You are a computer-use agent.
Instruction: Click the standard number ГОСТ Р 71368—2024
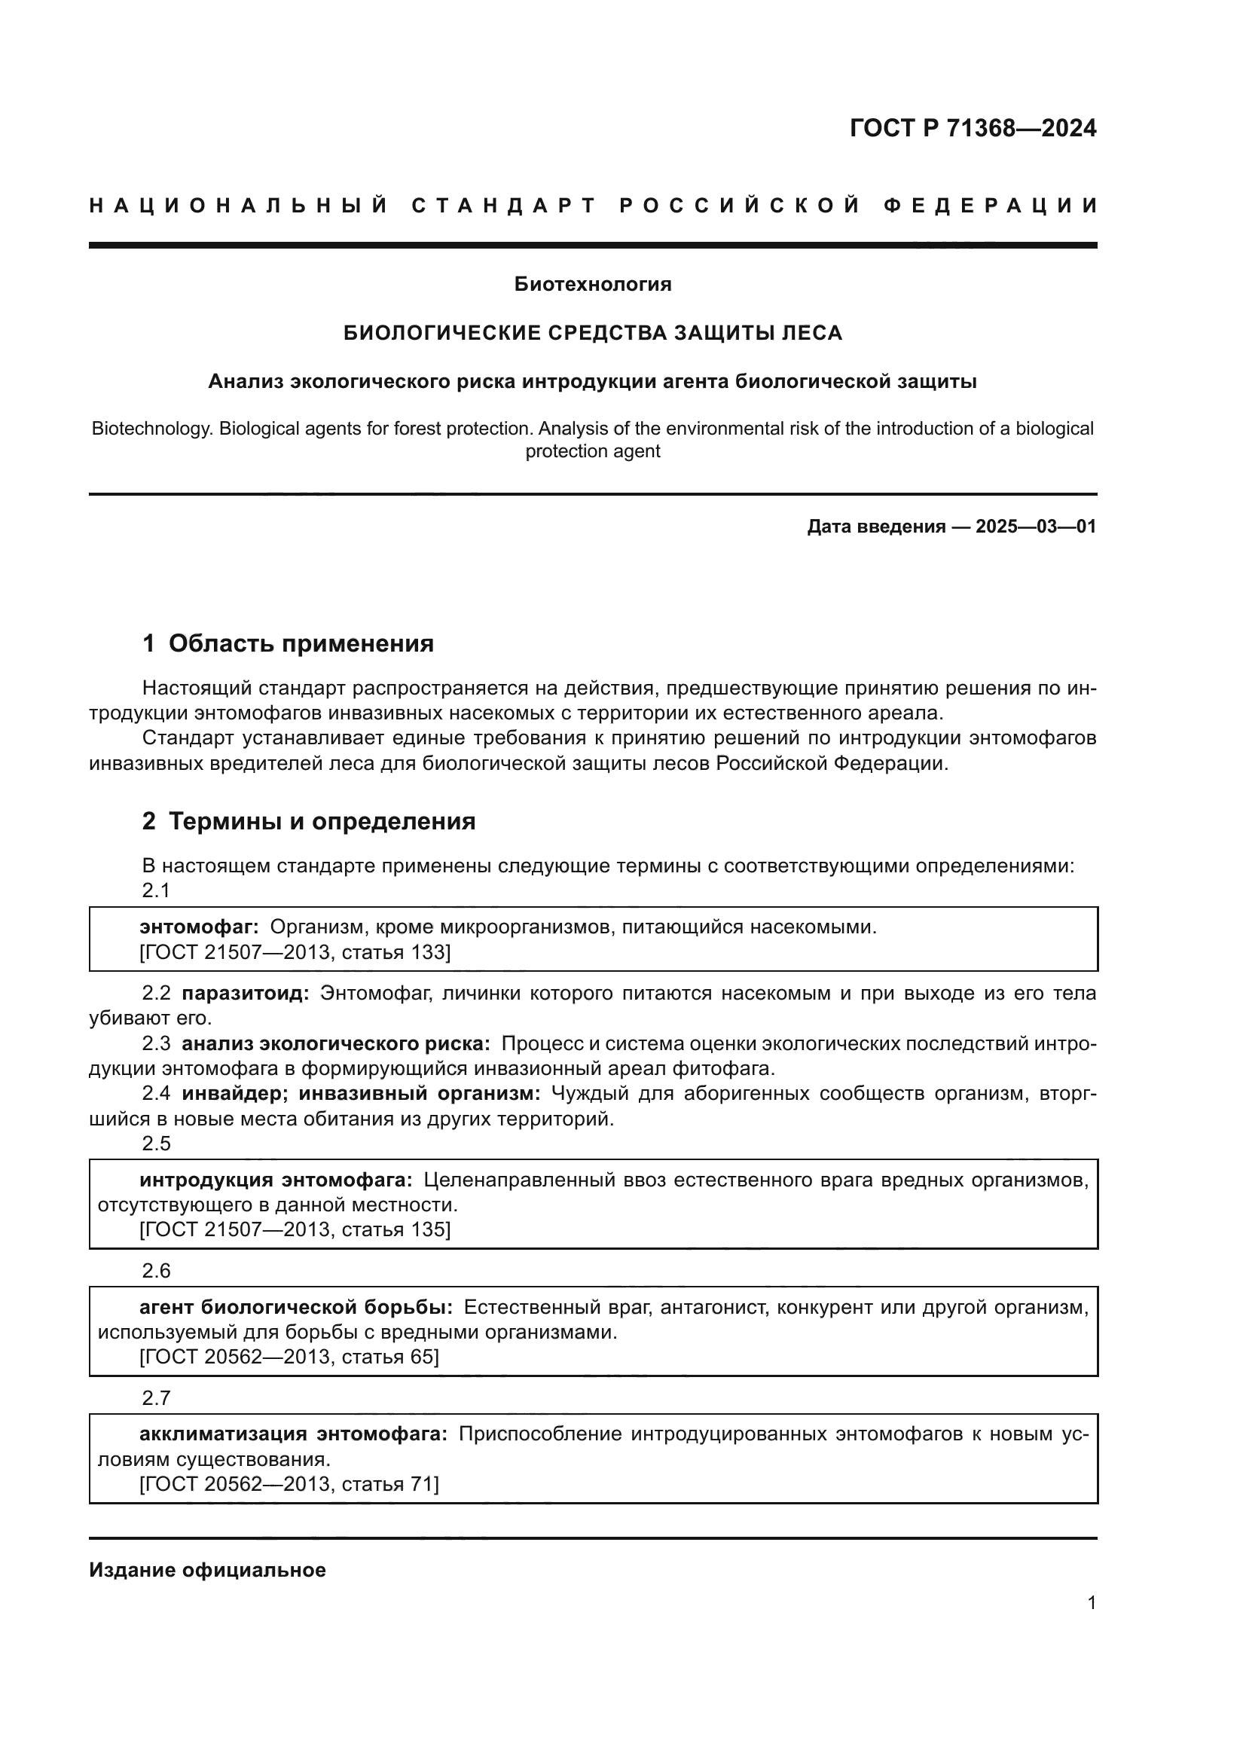tap(973, 128)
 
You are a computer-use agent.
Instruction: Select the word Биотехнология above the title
tap(592, 285)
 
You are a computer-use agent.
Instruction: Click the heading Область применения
tap(301, 643)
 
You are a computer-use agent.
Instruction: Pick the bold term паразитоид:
tap(246, 993)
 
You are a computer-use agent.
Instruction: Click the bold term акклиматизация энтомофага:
tap(293, 1434)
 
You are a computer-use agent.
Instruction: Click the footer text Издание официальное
tap(207, 1570)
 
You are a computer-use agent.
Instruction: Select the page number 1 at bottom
tap(1091, 1602)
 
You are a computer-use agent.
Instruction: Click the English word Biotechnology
tap(151, 428)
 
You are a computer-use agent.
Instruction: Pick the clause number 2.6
tap(156, 1271)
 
